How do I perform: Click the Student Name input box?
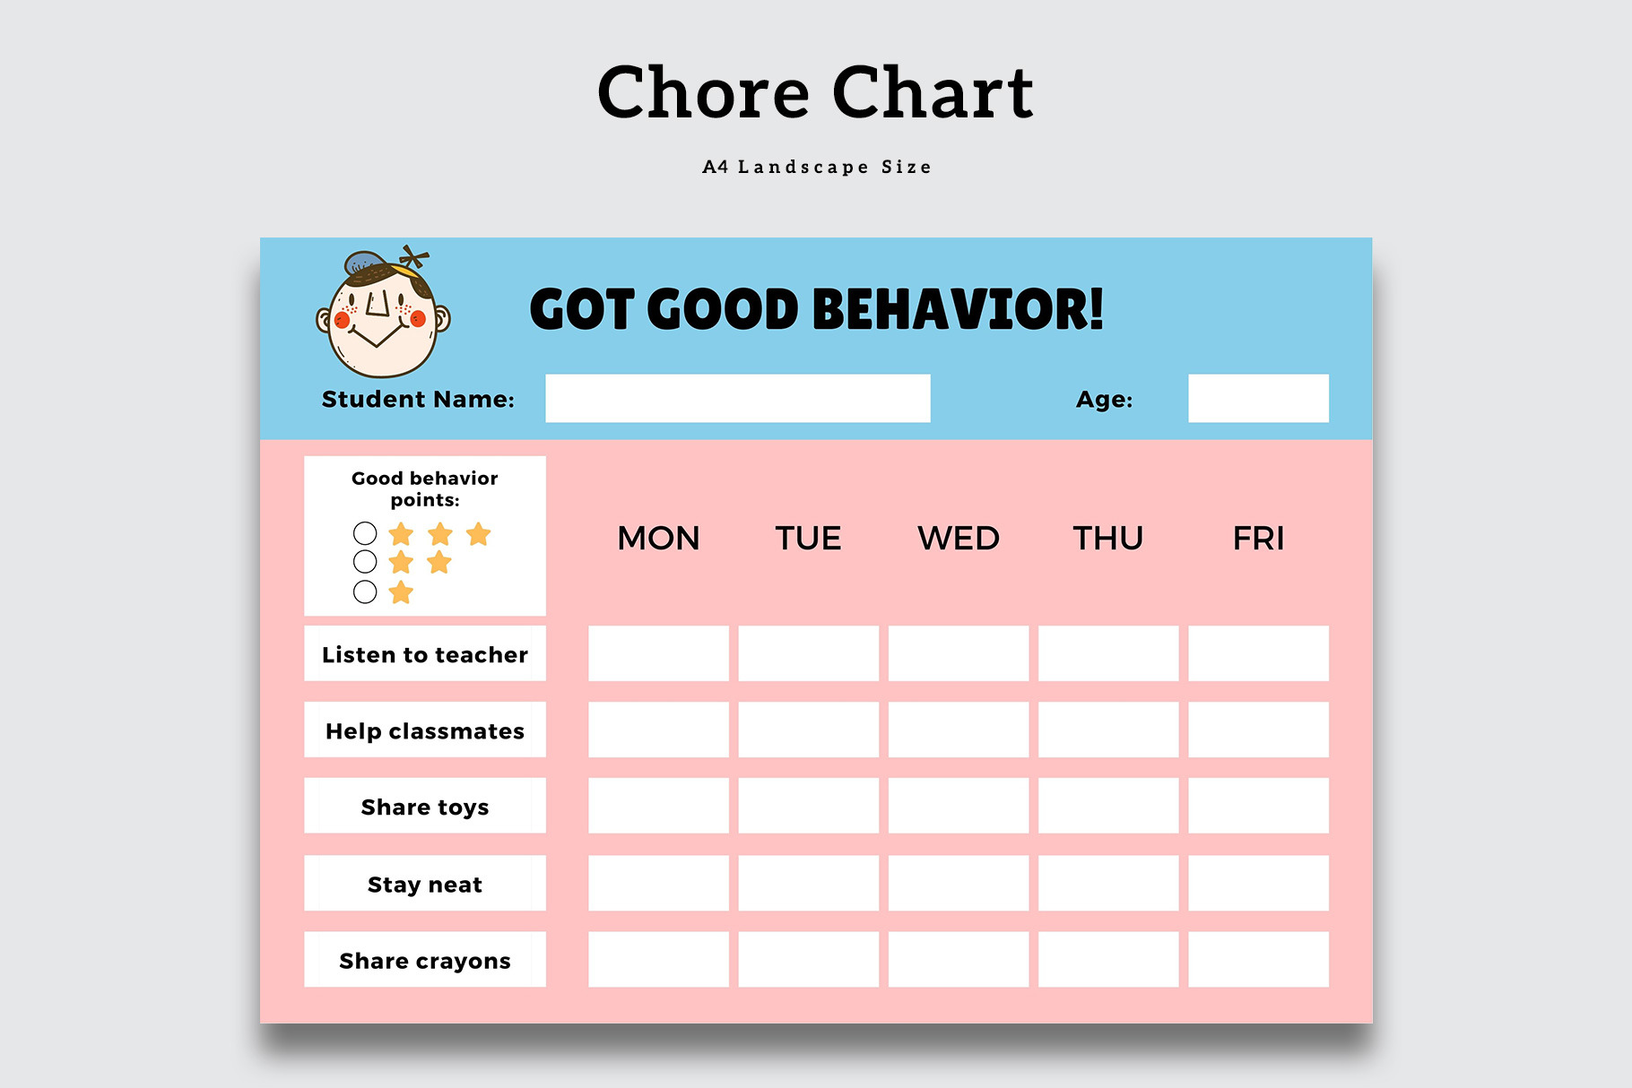point(738,398)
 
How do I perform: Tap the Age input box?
point(1258,398)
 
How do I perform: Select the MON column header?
point(658,538)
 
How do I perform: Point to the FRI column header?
point(1258,538)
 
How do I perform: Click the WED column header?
point(959,538)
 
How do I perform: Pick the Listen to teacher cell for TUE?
point(808,653)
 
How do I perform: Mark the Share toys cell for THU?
point(1108,805)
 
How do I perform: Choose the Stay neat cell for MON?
point(658,883)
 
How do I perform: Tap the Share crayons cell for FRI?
point(1258,959)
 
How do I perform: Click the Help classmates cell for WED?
point(959,730)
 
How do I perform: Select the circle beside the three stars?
point(365,533)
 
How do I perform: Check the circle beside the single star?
point(365,591)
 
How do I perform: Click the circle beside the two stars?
point(365,562)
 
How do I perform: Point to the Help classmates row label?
point(425,730)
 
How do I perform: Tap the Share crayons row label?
point(425,961)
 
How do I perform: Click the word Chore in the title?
point(704,92)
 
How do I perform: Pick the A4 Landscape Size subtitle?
point(817,167)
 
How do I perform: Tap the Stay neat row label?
point(425,885)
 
